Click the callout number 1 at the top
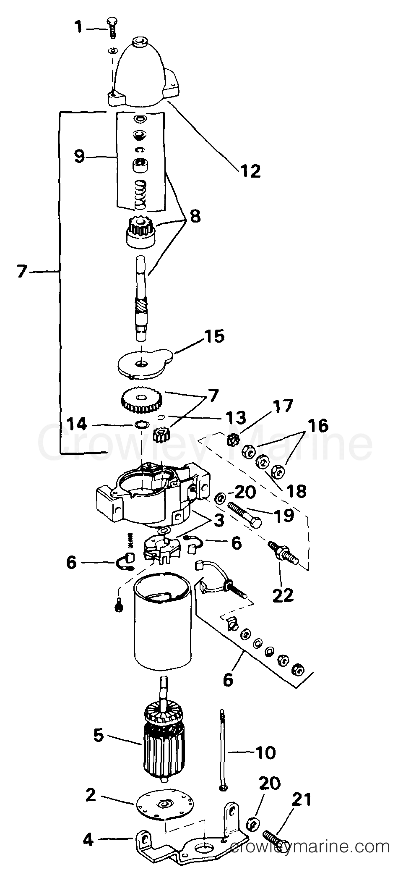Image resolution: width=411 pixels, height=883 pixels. coord(78,27)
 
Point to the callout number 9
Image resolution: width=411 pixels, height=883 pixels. coord(79,157)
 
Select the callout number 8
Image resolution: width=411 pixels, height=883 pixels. coord(195,216)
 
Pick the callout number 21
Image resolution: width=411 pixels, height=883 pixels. coord(302,800)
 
